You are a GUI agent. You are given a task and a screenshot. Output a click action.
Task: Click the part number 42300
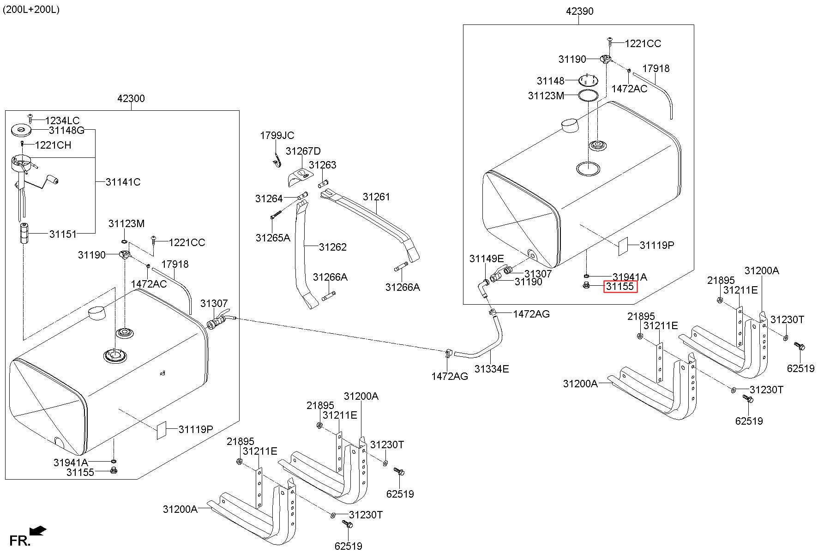[131, 98]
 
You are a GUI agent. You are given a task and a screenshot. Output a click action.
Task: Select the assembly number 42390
[579, 11]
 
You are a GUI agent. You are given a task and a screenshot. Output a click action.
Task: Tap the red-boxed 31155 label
[620, 287]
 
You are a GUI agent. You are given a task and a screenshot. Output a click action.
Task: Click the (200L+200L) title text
[31, 10]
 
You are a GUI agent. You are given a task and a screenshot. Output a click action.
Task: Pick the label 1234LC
[62, 121]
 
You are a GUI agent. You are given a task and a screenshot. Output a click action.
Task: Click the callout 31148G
[66, 131]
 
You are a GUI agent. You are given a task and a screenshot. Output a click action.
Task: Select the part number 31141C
[123, 182]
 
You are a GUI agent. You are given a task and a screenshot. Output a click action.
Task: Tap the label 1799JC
[277, 136]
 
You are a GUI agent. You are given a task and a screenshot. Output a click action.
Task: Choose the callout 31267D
[303, 151]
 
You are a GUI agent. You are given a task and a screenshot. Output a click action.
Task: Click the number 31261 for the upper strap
[376, 197]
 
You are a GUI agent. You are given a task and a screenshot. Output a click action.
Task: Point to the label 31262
[332, 247]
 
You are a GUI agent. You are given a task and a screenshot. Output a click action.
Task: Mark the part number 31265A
[273, 238]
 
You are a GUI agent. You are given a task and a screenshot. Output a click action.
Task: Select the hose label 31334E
[492, 369]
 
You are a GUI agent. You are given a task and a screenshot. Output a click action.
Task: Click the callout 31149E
[487, 259]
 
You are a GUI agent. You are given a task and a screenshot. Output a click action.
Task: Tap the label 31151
[63, 234]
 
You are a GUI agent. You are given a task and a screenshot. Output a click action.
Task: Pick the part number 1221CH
[53, 145]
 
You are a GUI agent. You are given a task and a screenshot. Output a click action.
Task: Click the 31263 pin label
[322, 165]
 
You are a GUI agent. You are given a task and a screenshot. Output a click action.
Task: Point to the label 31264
[269, 199]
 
